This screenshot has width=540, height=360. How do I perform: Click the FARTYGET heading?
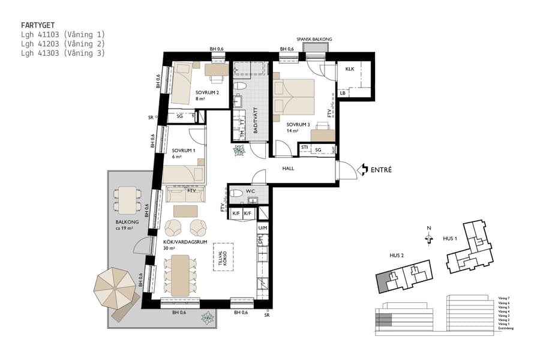click(38, 25)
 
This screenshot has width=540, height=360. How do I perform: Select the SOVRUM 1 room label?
click(184, 150)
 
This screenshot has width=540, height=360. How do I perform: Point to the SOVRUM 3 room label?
click(298, 124)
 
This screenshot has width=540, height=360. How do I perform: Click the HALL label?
click(289, 169)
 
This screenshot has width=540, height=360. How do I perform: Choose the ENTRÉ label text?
click(382, 170)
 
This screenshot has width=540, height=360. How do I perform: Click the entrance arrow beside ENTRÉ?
click(362, 170)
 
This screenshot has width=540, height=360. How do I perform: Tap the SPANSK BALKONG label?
click(318, 39)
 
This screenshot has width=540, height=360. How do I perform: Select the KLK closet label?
click(350, 70)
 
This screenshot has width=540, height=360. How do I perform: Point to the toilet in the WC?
click(238, 194)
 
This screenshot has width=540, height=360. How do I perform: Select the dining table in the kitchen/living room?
click(180, 274)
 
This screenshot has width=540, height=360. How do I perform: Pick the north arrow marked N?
click(429, 236)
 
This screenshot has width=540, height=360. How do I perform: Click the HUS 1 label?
click(451, 238)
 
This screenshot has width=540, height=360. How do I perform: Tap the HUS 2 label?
click(397, 255)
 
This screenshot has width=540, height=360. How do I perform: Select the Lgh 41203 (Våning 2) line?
click(62, 44)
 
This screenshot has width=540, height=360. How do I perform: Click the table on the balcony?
click(127, 200)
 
